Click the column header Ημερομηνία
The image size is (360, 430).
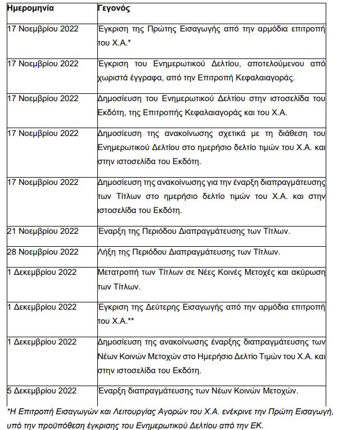click(x=30, y=10)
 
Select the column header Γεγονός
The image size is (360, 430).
click(x=114, y=10)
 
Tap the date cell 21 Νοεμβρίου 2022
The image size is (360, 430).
click(x=43, y=230)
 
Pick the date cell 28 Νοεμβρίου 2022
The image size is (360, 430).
click(x=43, y=251)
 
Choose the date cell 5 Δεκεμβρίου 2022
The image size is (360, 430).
click(x=42, y=390)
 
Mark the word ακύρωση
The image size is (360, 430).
click(x=307, y=272)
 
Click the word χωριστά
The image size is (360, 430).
click(x=114, y=78)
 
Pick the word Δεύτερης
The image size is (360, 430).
click(x=168, y=307)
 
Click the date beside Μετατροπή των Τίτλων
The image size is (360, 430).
click(x=42, y=272)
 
